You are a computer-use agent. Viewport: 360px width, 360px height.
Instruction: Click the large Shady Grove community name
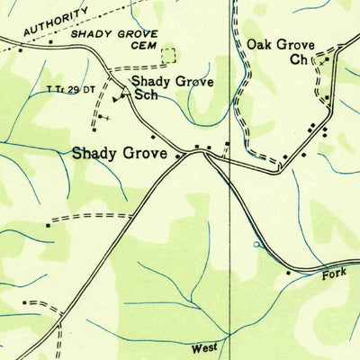click(120, 155)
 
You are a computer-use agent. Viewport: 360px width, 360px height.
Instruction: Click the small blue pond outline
click(256, 243)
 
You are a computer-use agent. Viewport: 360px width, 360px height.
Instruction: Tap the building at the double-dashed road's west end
click(49, 220)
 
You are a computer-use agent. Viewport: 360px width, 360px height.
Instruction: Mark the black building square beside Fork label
click(288, 272)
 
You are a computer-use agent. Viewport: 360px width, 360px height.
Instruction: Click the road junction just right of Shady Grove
click(206, 154)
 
